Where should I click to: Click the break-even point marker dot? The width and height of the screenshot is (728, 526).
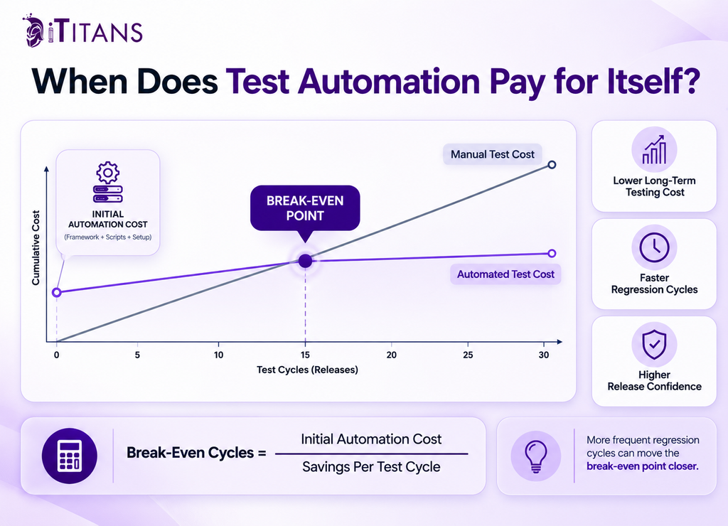pos(305,261)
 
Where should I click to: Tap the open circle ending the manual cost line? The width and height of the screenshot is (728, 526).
pos(552,165)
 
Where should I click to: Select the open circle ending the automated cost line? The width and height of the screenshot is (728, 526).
pos(552,254)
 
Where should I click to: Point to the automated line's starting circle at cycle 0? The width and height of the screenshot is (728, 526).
pos(57,292)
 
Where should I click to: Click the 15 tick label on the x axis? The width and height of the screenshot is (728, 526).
pos(305,355)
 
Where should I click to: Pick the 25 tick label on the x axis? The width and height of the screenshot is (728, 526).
pos(468,355)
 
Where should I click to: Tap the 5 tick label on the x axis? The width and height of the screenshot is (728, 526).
pos(137,355)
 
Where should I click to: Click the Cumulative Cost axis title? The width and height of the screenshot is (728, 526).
pos(36,247)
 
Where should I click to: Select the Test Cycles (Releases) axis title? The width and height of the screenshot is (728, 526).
pos(307,370)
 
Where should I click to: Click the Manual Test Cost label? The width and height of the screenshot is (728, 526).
pos(493,154)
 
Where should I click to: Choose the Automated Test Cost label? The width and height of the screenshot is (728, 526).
pos(505,274)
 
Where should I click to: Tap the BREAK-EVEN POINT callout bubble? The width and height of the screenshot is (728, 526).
pos(305,208)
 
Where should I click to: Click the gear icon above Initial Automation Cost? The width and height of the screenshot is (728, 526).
pos(108,173)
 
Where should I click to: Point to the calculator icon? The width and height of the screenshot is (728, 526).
pos(70,456)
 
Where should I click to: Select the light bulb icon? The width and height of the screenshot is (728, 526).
pos(536,456)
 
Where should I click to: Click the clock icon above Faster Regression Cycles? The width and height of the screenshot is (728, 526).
pos(654,247)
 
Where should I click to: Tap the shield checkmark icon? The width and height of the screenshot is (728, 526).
pos(654,345)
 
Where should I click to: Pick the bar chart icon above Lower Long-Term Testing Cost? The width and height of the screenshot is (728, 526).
pos(654,150)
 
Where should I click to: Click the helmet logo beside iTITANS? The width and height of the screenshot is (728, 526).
pos(34,31)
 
